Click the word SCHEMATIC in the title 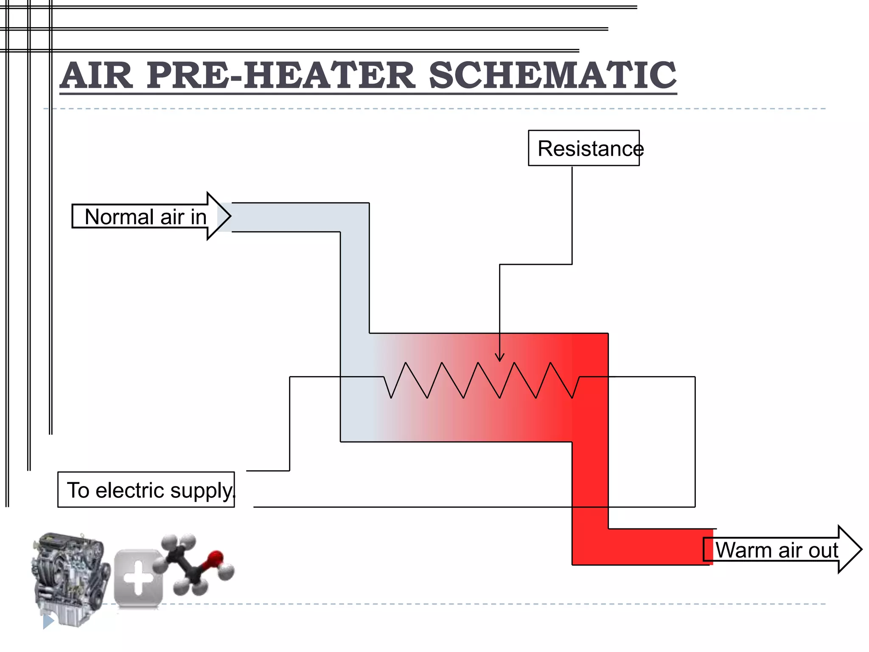(552, 76)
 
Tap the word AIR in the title (97, 76)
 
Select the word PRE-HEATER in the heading (280, 76)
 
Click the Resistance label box (583, 148)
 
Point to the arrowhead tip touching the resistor (500, 361)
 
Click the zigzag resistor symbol (482, 380)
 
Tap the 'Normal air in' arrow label (146, 216)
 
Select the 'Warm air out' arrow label (776, 550)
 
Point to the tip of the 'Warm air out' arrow (861, 549)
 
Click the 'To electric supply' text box (146, 490)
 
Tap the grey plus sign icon (138, 578)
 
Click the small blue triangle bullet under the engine (48, 621)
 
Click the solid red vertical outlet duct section (590, 488)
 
